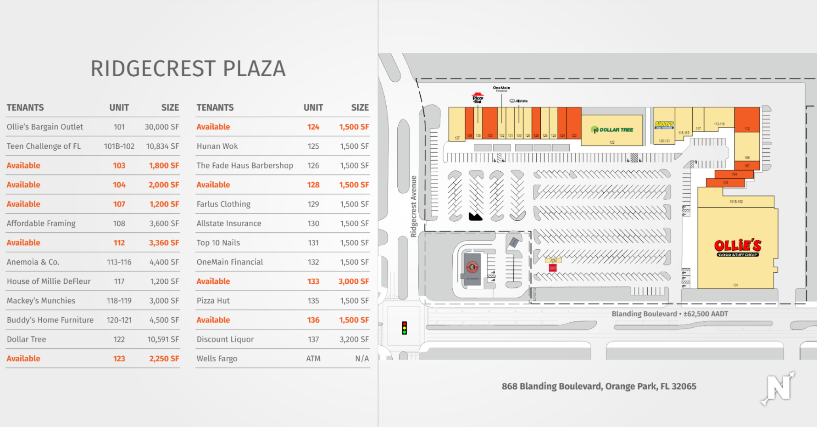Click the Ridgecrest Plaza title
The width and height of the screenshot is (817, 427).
[188, 69]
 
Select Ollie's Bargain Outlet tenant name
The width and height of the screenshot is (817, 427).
[45, 127]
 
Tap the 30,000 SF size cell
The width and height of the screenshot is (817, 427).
[161, 127]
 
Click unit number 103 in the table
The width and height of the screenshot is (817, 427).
[119, 165]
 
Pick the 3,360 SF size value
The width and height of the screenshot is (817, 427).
[163, 242]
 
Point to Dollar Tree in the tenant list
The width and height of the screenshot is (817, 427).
[26, 339]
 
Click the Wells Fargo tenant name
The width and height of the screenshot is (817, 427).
[217, 359]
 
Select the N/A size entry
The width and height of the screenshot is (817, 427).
[361, 359]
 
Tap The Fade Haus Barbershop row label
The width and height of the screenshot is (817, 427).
[245, 165]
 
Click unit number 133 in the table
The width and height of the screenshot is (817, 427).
[313, 281]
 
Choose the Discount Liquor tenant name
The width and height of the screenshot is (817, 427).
[225, 339]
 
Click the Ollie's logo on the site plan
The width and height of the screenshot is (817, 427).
[738, 247]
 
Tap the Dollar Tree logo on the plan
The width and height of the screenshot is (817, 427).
[612, 130]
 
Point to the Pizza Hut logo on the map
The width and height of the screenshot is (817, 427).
[478, 98]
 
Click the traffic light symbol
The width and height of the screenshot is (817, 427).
[404, 328]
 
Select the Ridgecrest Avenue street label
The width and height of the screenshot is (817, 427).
[413, 206]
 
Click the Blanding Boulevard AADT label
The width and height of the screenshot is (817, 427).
[669, 314]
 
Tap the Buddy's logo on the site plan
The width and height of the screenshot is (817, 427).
[664, 124]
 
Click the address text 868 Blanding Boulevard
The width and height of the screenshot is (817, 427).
[599, 386]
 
